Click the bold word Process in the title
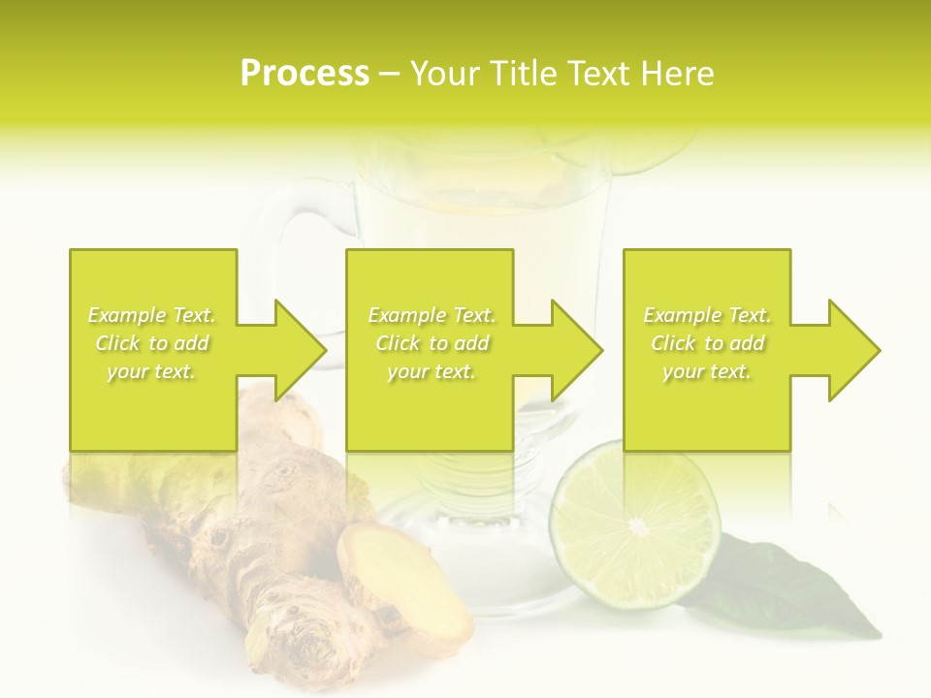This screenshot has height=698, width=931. (305, 74)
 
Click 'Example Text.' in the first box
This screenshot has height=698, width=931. (152, 315)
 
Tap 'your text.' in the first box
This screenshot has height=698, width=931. (152, 371)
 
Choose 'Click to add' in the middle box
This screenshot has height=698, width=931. (433, 343)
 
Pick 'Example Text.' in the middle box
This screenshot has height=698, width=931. (433, 315)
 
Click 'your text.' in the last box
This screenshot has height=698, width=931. (707, 371)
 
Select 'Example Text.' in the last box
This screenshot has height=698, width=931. (707, 315)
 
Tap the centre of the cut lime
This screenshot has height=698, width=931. (637, 526)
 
